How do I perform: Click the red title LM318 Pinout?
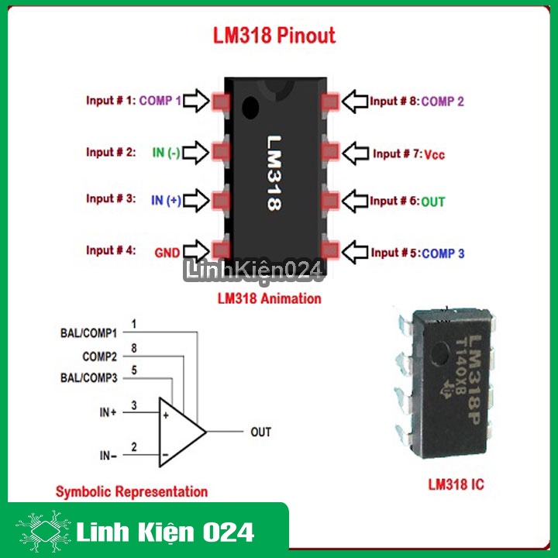pyautogui.click(x=274, y=35)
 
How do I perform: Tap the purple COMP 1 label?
pyautogui.click(x=160, y=101)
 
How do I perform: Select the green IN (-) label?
pyautogui.click(x=166, y=153)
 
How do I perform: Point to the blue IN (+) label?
pyautogui.click(x=166, y=201)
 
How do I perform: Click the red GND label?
pyautogui.click(x=167, y=253)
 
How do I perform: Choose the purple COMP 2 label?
pyautogui.click(x=443, y=102)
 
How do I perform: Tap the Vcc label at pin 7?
pyautogui.click(x=434, y=154)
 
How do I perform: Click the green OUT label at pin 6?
pyautogui.click(x=432, y=201)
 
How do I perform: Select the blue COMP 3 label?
pyautogui.click(x=443, y=253)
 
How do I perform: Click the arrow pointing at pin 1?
pyautogui.click(x=196, y=101)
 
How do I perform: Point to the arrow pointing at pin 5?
pyautogui.click(x=355, y=253)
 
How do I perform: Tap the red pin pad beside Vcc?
pyautogui.click(x=330, y=152)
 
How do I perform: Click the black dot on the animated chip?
pyautogui.click(x=250, y=108)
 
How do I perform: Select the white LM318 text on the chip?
pyautogui.click(x=274, y=173)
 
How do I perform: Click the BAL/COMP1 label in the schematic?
pyautogui.click(x=88, y=333)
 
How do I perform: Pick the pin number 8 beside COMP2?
pyautogui.click(x=134, y=348)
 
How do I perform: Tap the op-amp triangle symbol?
pyautogui.click(x=182, y=432)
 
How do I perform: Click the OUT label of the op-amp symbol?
pyautogui.click(x=261, y=432)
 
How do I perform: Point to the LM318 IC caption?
pyautogui.click(x=456, y=484)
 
